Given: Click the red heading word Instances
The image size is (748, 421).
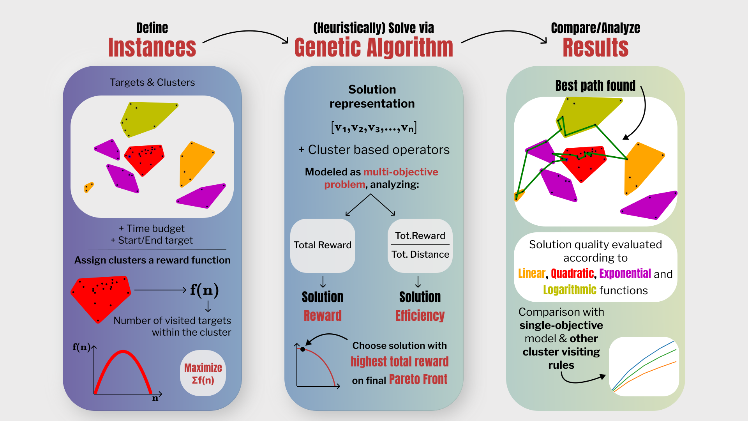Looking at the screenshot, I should (x=152, y=48).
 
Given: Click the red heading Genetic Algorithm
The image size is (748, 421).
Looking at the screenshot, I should (x=374, y=48).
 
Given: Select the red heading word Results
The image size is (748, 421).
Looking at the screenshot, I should (x=595, y=48).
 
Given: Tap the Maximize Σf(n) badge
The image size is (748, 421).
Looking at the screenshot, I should (x=203, y=373).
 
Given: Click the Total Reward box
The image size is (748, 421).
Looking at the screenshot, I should (x=323, y=245).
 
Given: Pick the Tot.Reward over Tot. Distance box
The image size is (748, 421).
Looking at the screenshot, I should (x=420, y=245).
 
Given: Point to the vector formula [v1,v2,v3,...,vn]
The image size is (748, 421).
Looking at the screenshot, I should (x=374, y=127).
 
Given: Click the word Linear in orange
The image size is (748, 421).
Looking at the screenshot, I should (x=531, y=274).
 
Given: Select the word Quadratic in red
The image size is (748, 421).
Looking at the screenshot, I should (x=572, y=274).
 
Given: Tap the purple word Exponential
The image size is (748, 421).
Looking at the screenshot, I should (x=625, y=274).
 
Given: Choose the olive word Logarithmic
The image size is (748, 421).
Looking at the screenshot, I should (x=570, y=290).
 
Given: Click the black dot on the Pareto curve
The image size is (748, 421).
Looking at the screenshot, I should (x=303, y=349).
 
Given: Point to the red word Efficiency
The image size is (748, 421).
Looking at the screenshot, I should (x=420, y=316).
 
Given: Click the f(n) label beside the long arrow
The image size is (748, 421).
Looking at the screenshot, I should (x=204, y=290).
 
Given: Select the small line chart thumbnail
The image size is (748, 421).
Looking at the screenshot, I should (x=644, y=366).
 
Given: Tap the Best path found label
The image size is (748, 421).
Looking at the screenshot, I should (x=595, y=86).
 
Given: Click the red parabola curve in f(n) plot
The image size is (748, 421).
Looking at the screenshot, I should (x=123, y=352).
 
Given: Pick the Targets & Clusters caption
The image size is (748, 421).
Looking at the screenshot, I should (x=152, y=83).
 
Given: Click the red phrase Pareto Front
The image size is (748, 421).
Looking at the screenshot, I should (x=418, y=379).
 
